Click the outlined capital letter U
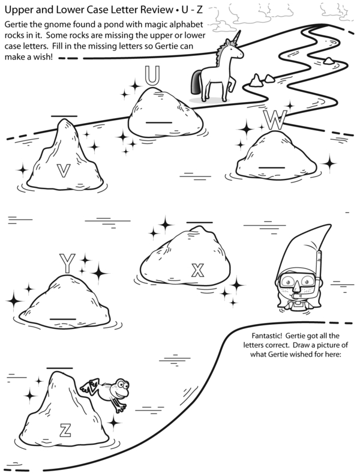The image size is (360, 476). point(152,75)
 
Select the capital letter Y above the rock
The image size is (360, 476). point(67,264)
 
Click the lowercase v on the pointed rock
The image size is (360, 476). point(64,170)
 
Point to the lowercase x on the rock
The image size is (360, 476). point(197,270)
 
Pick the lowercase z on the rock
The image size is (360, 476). point(65,430)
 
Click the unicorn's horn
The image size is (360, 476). point(237,37)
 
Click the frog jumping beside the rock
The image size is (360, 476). point(107,391)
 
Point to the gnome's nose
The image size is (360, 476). point(296,286)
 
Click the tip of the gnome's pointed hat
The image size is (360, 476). point(330,225)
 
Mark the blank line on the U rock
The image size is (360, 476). point(159,122)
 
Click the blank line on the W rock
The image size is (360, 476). point(272,167)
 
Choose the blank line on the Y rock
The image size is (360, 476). point(63,319)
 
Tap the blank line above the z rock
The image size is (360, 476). point(60,368)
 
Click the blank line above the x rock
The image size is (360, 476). point(199,222)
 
